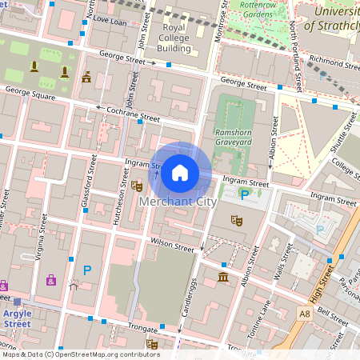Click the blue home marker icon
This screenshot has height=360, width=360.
pyautogui.click(x=180, y=172)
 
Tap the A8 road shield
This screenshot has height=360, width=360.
pyautogui.click(x=327, y=314)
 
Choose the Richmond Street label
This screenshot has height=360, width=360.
pyautogui.click(x=333, y=59)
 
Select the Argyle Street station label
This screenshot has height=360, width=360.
pyautogui.click(x=17, y=318)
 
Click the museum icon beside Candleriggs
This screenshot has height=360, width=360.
pyautogui.click(x=222, y=277)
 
